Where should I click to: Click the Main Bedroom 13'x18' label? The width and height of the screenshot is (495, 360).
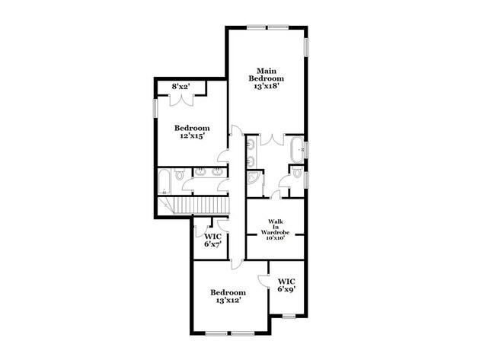(266, 78)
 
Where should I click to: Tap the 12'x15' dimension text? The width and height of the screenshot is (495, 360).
(192, 135)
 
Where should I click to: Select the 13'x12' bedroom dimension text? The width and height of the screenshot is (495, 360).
(228, 301)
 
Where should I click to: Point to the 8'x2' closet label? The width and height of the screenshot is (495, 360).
(180, 86)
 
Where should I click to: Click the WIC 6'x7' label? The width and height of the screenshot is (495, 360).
(212, 240)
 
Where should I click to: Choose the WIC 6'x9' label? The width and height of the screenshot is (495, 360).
(286, 285)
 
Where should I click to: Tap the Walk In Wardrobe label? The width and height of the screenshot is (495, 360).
(275, 230)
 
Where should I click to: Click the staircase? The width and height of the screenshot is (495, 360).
(194, 205)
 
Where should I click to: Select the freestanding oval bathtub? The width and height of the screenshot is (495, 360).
(297, 149)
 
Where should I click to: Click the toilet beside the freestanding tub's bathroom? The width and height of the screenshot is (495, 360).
(297, 172)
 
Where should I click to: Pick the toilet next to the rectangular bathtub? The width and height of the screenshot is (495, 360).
(180, 174)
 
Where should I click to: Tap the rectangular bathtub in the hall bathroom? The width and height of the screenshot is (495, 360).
(164, 182)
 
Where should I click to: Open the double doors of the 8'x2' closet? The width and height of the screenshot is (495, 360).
(181, 100)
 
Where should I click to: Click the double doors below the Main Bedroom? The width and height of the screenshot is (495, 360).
(272, 139)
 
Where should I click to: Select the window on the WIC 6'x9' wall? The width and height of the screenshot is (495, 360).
(289, 316)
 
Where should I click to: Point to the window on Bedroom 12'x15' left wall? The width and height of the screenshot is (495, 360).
(155, 108)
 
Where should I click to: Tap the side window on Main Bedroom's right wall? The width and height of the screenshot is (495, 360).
(306, 48)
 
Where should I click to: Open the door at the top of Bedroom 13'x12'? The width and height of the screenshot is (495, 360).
(236, 264)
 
